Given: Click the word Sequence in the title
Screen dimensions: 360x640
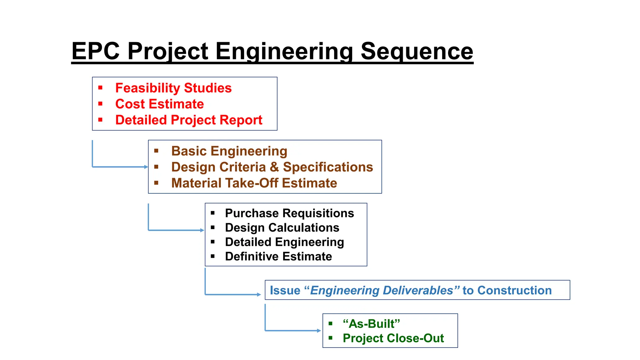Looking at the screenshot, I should click(417, 51).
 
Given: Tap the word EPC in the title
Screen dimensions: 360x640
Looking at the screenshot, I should click(96, 51).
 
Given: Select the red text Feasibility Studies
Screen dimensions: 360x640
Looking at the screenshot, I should click(173, 88).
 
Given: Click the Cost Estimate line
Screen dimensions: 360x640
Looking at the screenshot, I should click(159, 104).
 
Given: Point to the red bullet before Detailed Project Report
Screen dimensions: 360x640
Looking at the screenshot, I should click(100, 120).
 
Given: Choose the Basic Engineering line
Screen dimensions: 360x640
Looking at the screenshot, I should click(229, 151).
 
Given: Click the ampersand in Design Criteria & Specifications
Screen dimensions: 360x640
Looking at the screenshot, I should click(274, 167).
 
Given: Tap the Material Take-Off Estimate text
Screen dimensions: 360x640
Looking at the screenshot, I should click(254, 183).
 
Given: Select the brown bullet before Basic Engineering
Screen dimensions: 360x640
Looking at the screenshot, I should click(156, 151).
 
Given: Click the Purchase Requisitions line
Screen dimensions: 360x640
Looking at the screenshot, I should click(289, 213).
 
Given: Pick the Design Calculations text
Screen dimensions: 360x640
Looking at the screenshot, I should click(282, 227).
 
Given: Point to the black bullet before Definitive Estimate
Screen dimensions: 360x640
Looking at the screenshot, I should click(213, 256).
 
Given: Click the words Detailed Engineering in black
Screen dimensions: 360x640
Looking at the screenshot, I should click(284, 242).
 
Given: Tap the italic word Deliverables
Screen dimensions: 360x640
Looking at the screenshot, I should click(418, 290).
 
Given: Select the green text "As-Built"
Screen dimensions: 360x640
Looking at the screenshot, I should click(371, 324).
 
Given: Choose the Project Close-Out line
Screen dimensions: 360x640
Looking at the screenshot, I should click(393, 338).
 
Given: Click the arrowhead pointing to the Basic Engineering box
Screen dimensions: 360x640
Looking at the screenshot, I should click(146, 167).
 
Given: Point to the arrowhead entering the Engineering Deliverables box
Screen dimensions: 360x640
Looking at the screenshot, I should click(259, 294).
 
